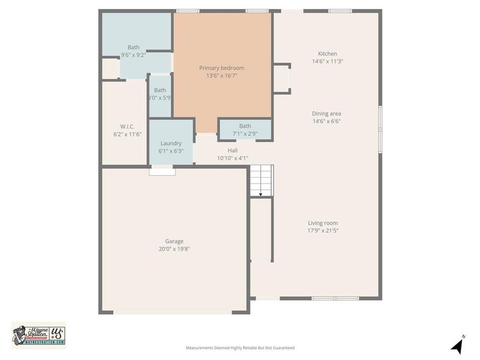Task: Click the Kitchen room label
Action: click(328, 53)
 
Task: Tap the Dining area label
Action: click(326, 113)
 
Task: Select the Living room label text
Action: click(323, 223)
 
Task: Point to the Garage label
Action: click(175, 241)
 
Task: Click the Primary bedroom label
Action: click(221, 68)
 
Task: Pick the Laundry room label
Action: click(171, 143)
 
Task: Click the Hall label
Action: click(233, 151)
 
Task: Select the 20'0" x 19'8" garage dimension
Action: click(175, 249)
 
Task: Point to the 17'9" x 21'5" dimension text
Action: click(323, 231)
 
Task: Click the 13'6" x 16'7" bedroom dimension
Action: click(221, 76)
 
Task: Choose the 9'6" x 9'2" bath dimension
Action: click(133, 55)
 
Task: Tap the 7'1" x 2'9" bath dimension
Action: click(245, 134)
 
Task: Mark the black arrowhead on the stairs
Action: click(261, 194)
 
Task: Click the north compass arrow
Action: click(457, 346)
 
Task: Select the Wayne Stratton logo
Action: click(38, 335)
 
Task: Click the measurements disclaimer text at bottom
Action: click(240, 348)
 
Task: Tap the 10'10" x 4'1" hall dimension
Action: click(233, 158)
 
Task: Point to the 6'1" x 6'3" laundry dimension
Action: click(171, 151)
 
